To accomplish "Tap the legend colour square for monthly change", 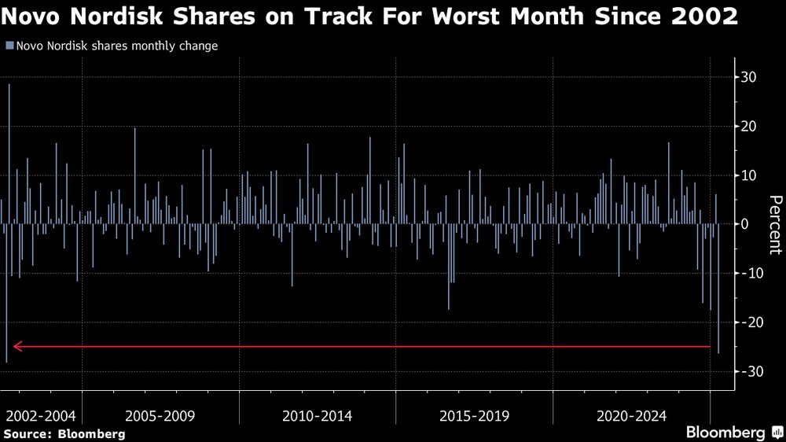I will (9, 46).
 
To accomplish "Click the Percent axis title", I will (773, 224).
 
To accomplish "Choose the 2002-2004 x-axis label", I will (41, 415).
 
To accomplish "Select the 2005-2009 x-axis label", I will (160, 415).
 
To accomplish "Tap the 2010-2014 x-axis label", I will (318, 415).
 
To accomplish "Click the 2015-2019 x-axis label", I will (475, 415).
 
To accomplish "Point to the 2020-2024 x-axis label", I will (632, 415).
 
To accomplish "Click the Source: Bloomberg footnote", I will (64, 433).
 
